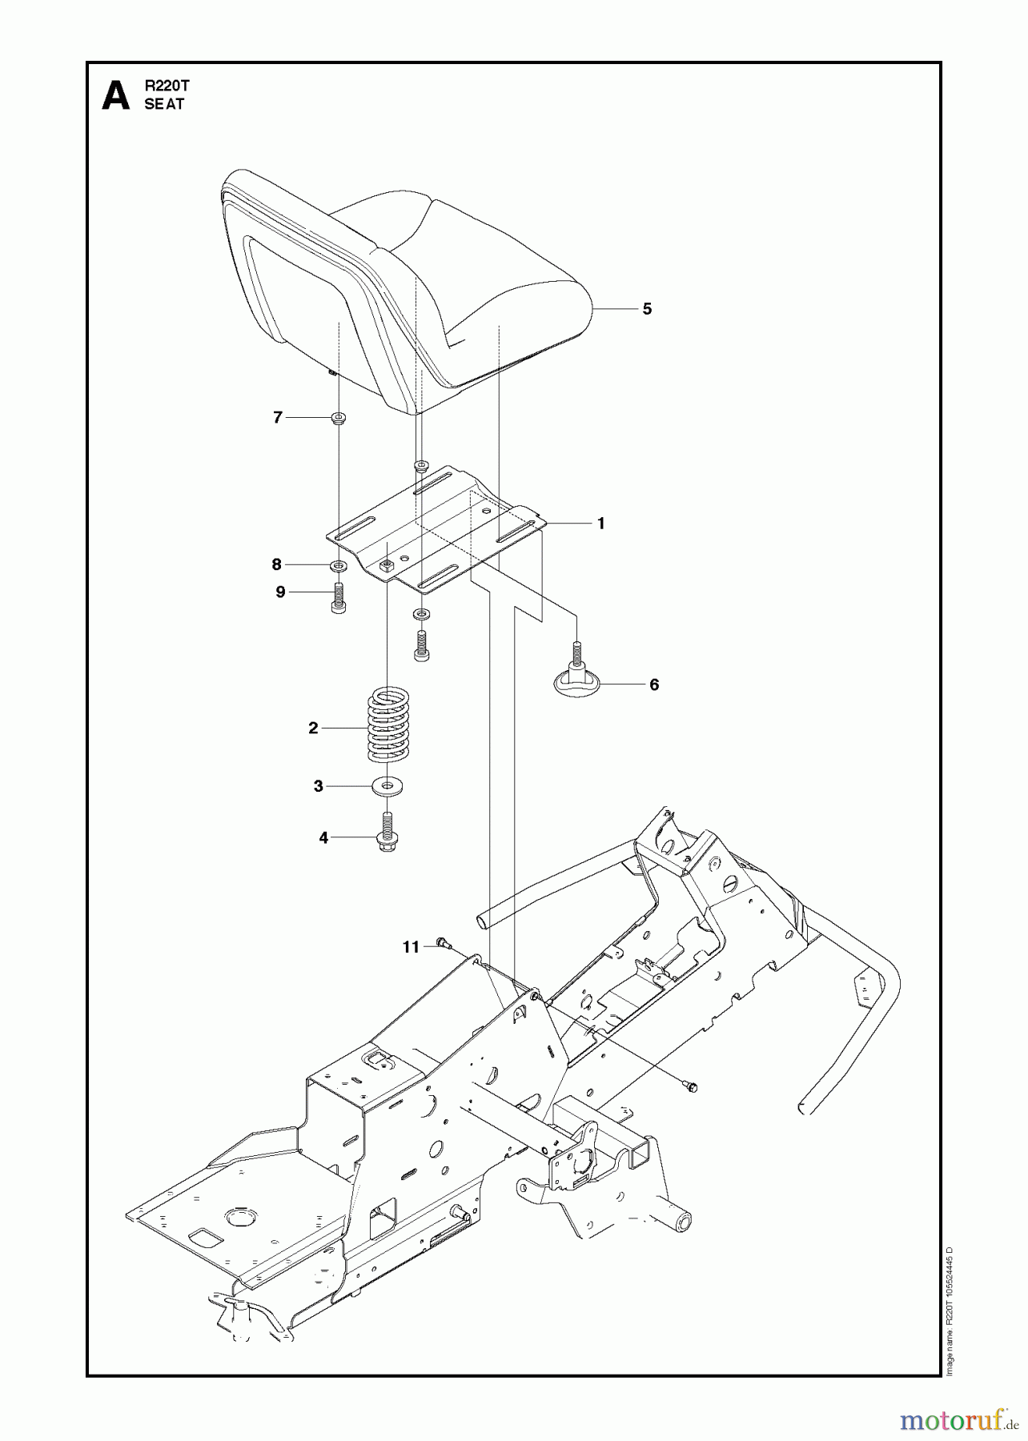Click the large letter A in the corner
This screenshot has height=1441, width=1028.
tap(115, 95)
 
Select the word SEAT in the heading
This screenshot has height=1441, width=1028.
tap(164, 104)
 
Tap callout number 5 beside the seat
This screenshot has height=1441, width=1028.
tap(647, 309)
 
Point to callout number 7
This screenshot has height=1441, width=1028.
tap(278, 417)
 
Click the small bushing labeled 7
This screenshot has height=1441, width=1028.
tap(339, 417)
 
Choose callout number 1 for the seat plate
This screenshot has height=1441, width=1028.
tap(601, 524)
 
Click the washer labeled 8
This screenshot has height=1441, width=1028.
tap(339, 566)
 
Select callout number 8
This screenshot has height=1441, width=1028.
tap(277, 564)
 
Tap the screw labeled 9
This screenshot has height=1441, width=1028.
tap(338, 597)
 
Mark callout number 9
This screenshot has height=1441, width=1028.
tap(280, 592)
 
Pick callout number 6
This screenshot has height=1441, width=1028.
tap(654, 684)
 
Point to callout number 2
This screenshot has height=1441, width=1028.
tap(313, 728)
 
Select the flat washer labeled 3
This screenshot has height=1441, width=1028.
tap(388, 786)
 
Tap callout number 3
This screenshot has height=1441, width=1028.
tap(318, 786)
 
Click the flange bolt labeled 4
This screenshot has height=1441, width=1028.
tap(388, 835)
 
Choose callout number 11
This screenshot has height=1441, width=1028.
tap(411, 947)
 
